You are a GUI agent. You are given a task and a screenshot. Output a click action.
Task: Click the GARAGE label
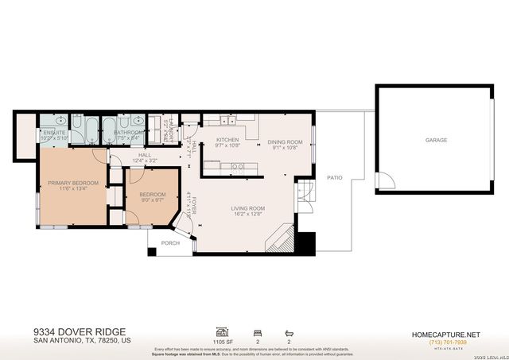coord(435,140)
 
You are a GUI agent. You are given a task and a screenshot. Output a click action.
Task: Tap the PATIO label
coord(335,177)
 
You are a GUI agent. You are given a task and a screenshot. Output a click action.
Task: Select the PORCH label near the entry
coord(170,243)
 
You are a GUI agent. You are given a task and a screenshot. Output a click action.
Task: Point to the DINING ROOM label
coord(284,141)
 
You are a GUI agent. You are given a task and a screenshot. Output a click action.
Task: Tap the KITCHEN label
coord(227,141)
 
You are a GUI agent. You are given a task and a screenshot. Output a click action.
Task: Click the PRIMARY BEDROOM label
coord(72,183)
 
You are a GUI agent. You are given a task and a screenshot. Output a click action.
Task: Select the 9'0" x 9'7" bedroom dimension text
coord(152,200)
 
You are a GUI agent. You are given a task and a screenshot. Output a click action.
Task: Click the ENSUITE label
coord(55,133)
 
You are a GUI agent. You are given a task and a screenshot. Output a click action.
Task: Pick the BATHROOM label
coord(128,133)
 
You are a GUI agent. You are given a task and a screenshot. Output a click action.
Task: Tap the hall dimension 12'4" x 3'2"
coord(145,161)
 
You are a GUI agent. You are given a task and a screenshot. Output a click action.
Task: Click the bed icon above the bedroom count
coord(257,331)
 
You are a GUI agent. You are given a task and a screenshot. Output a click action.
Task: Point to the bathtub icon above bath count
coord(289,331)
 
